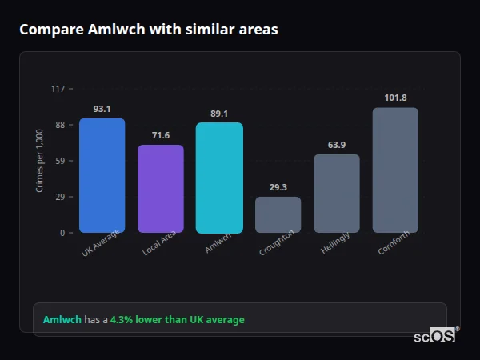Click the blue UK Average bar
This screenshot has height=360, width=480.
(102, 175)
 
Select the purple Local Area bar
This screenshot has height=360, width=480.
(161, 189)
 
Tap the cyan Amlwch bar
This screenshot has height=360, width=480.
(219, 178)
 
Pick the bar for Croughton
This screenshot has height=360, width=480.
(278, 214)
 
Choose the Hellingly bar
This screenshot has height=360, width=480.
(337, 193)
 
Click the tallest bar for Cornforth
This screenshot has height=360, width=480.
(395, 170)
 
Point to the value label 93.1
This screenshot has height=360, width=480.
(102, 109)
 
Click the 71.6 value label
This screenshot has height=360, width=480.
(161, 135)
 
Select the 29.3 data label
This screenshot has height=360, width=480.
(278, 187)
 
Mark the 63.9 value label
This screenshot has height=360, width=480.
(337, 145)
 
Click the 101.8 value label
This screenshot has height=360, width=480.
(395, 98)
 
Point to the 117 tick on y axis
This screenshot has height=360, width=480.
(58, 89)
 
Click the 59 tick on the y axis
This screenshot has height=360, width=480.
(59, 161)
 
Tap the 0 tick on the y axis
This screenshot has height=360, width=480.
(62, 233)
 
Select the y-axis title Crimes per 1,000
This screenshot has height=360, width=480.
(40, 161)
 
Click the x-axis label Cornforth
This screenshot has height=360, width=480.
(394, 243)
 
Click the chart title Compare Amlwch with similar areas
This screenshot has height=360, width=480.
(149, 30)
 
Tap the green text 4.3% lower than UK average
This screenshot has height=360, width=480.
(177, 320)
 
